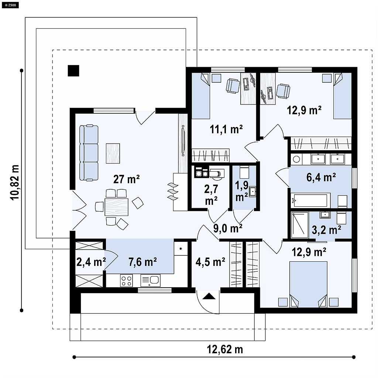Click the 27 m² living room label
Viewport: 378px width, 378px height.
point(126,179)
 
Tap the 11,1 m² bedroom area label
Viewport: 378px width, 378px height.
point(226,130)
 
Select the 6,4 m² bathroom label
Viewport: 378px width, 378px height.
point(321,178)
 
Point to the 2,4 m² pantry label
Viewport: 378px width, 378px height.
point(91,262)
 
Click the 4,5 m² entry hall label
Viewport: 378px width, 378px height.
point(210,262)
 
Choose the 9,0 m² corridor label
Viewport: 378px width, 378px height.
point(228,228)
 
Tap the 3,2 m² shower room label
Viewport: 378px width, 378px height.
point(326,230)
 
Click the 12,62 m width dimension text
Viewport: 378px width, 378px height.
point(225,349)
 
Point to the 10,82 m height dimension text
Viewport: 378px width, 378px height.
point(15,182)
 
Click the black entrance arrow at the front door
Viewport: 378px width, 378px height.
point(209,296)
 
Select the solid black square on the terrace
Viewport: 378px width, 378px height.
point(73,71)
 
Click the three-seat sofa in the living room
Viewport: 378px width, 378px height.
point(89,153)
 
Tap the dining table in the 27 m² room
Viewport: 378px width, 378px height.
point(116,207)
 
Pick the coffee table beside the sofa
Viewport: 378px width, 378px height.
point(113,153)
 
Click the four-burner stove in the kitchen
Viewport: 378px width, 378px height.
point(127,281)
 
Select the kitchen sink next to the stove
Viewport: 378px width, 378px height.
point(151,281)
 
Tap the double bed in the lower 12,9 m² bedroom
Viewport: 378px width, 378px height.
point(308,284)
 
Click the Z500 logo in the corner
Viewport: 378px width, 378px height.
point(10,5)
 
